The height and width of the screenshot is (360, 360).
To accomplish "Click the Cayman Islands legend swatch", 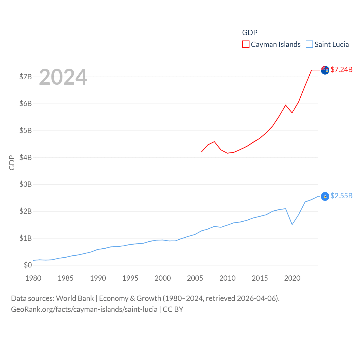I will pos(246,44).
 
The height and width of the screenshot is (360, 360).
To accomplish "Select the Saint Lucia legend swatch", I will pos(309,44).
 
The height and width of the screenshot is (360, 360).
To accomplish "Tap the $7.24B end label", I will pos(341,69).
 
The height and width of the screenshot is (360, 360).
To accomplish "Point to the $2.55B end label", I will pos(341,196).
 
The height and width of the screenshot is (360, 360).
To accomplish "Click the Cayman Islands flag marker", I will pos(325,70).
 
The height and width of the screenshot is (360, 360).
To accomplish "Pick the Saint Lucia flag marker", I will pos(325,196).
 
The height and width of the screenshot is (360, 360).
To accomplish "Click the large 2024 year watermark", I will pos(63,77).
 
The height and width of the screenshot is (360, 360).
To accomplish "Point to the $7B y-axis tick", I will pos(25,77).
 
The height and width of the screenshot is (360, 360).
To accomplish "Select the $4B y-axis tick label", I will pos(25,157).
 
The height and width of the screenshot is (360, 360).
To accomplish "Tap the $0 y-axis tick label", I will pos(28,265).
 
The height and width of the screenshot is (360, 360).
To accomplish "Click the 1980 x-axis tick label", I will pos(33,278).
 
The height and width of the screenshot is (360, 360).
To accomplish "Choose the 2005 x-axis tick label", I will pos(195,278).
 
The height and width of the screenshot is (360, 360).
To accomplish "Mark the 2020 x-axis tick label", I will pos(292,278).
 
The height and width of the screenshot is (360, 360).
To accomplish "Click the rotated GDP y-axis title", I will pos(12,163).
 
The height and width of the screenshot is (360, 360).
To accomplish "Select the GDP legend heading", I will pos(250,33).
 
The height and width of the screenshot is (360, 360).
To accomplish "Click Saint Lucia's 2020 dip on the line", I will pos(292,224).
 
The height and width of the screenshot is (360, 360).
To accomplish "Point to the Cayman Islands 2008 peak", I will pos(214,141).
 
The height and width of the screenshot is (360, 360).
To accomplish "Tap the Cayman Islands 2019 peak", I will pos(286,105).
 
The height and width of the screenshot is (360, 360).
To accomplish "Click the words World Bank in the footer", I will pos(75,298).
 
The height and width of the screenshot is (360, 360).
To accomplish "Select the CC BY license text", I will pos(173,309).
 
